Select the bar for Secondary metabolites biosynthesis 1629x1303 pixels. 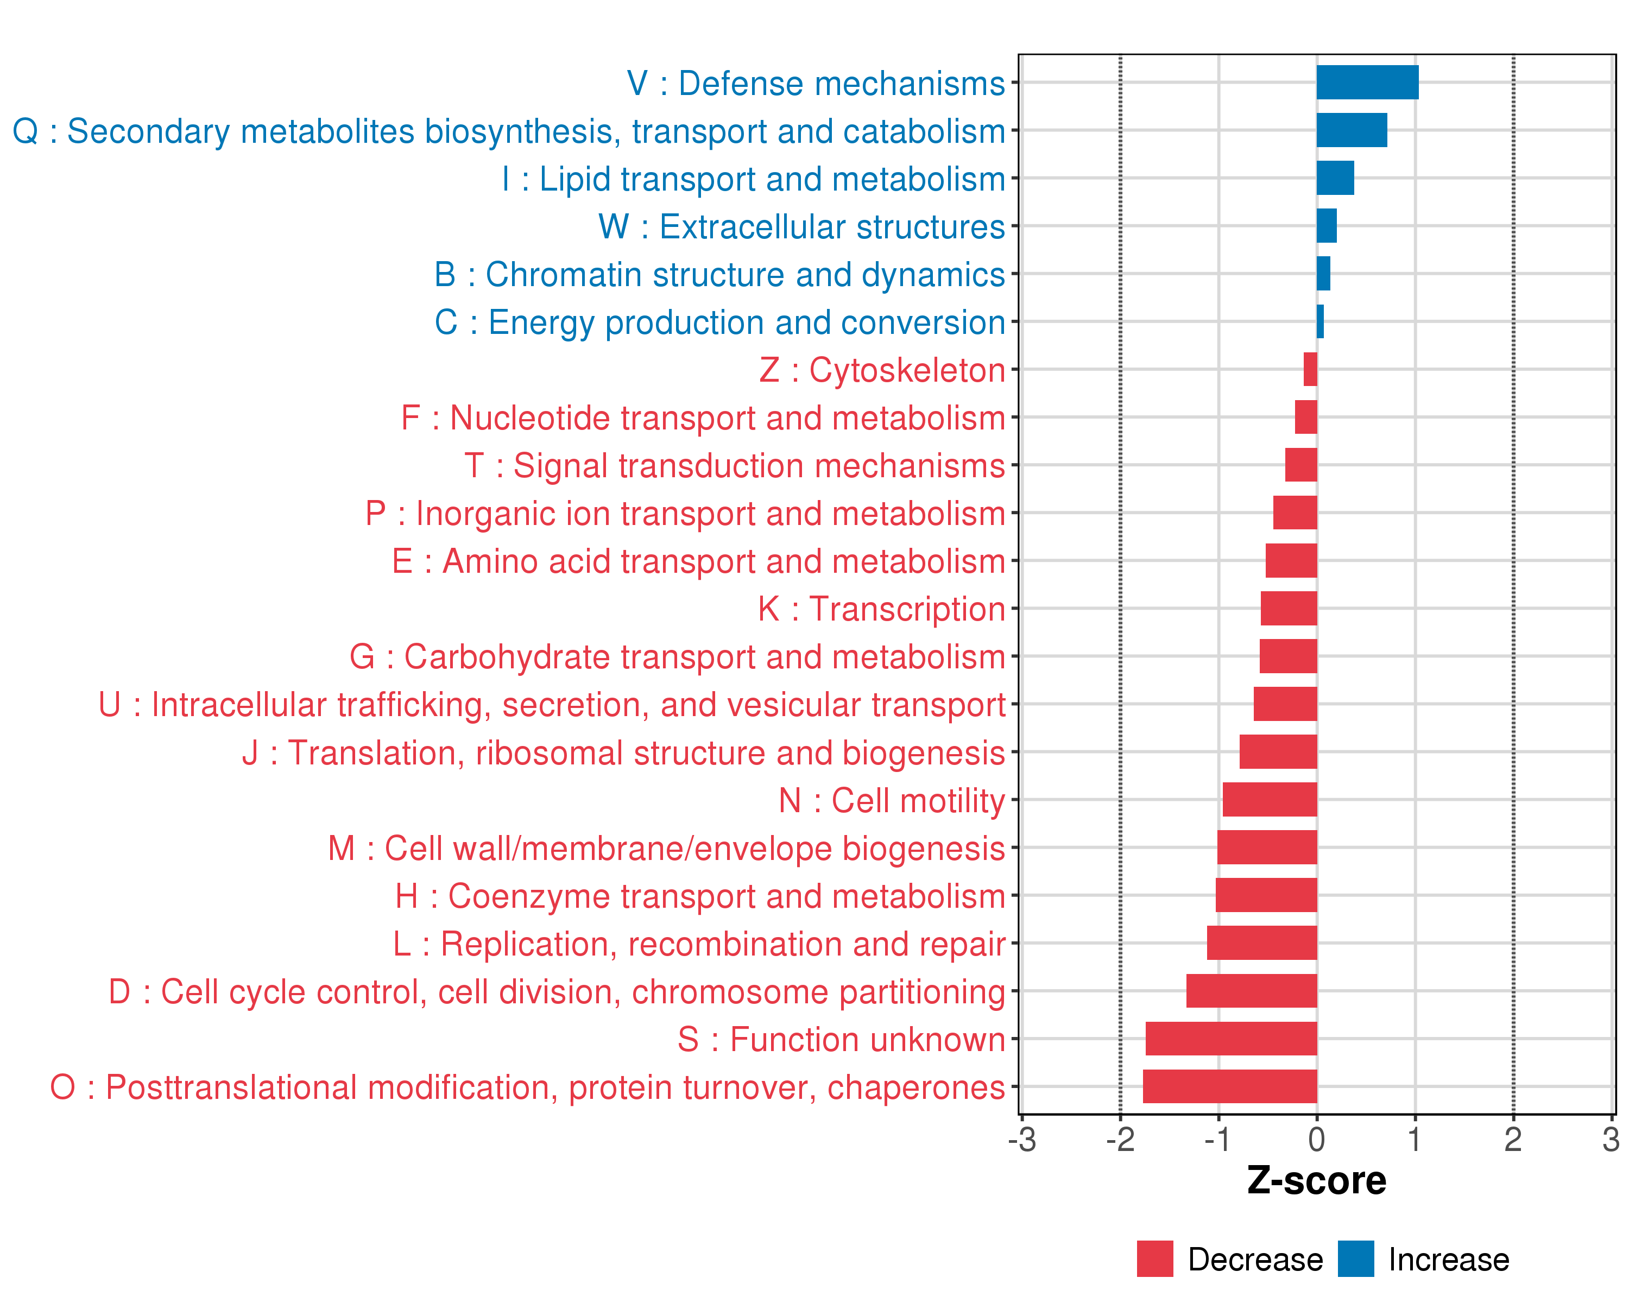point(1351,130)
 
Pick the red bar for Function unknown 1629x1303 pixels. point(1231,1039)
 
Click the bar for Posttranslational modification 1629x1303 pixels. point(1229,1086)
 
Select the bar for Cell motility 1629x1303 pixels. point(1270,799)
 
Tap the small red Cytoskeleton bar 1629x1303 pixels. point(1310,369)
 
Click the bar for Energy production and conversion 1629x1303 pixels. point(1320,322)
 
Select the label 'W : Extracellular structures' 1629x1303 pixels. point(801,226)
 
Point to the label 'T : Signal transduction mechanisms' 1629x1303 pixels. point(735,465)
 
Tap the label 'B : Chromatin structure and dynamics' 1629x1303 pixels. point(719,274)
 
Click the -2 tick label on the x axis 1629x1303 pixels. point(1120,1139)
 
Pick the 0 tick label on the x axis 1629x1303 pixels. point(1316,1139)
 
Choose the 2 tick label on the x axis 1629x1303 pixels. point(1513,1139)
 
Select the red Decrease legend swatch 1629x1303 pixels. point(1154,1258)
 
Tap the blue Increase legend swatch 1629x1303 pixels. point(1355,1258)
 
